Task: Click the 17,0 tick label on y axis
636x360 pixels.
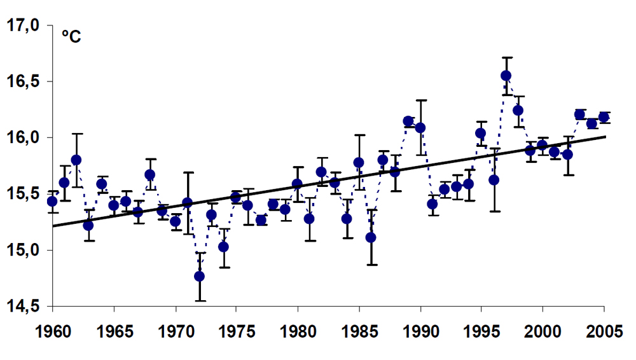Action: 22,25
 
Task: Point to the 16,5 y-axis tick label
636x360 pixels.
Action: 22,81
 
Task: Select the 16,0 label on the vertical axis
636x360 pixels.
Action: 22,137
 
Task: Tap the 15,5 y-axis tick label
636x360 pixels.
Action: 22,193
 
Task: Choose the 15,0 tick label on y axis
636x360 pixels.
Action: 22,250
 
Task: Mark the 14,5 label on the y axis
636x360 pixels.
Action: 22,306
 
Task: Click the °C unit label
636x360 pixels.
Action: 71,37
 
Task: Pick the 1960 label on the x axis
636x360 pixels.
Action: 52,333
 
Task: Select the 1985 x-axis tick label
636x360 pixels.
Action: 359,333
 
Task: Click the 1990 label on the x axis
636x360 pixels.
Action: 420,333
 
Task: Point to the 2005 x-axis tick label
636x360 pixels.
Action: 604,333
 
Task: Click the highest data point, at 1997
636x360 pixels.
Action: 506,76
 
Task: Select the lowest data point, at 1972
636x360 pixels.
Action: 199,276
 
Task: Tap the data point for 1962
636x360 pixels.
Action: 76,160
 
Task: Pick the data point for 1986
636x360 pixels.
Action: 371,237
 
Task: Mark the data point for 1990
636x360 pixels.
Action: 420,128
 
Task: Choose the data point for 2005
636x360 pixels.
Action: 604,117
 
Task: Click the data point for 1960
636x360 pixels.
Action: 52,201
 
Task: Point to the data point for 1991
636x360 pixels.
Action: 432,204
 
